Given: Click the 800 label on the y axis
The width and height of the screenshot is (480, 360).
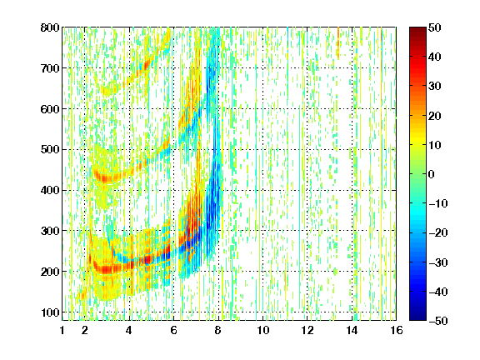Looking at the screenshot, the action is tap(50, 27).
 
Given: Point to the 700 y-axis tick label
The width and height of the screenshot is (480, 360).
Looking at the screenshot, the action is tap(50, 68).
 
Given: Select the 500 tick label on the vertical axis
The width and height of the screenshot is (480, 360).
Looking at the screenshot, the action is tap(50, 150).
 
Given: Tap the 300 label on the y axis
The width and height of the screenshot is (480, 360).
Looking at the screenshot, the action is tap(50, 231).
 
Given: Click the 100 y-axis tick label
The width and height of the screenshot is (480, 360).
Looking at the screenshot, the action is tap(50, 312).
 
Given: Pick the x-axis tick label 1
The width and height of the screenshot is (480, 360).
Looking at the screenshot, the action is tap(62, 330).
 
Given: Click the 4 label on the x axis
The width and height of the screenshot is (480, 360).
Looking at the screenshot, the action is tap(129, 330).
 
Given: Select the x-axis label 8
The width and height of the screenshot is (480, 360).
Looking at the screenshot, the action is tap(217, 330).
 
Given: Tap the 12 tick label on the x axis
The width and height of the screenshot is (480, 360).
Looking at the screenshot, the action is tap(307, 330).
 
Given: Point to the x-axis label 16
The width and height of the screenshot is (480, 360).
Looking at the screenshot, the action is tap(396, 330).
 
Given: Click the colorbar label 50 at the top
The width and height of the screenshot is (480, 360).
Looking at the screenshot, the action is tap(434, 27).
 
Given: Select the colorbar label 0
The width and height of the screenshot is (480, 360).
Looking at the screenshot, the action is tap(432, 174).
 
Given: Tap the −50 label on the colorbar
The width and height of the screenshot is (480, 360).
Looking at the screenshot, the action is tap(438, 321).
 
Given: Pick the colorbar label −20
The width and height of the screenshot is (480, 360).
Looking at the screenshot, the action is tap(438, 232).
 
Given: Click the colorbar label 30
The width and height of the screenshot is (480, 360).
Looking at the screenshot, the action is tap(434, 86).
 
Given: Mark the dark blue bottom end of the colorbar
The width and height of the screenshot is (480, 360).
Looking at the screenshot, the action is tap(417, 319).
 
